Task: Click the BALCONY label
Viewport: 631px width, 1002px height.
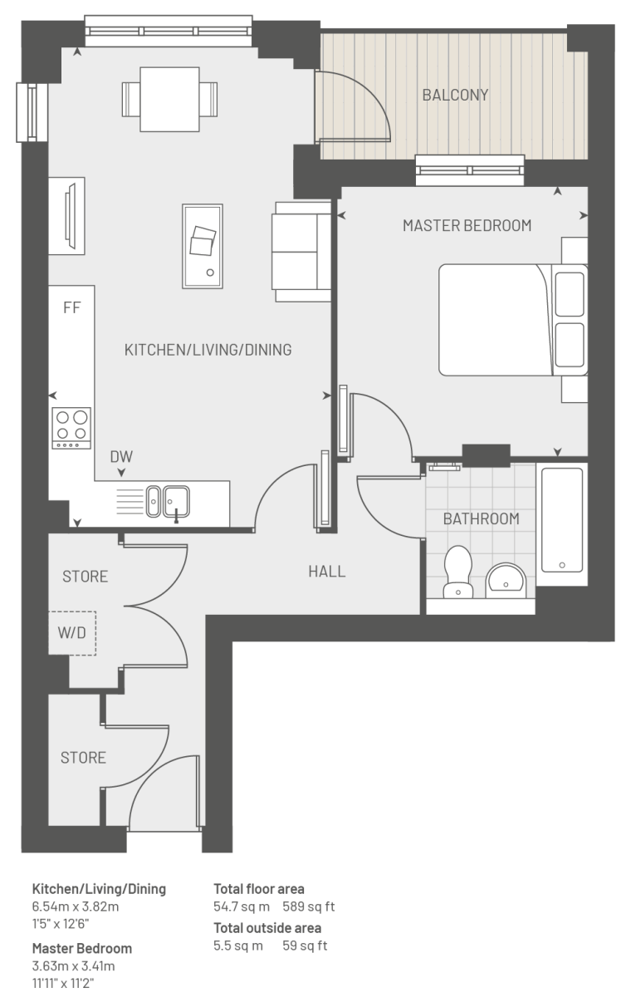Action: (455, 95)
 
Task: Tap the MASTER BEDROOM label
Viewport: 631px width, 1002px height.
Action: (467, 225)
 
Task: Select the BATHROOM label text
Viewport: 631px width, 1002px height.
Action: (482, 519)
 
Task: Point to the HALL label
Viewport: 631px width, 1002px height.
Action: (326, 572)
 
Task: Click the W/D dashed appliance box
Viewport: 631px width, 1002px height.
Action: (72, 633)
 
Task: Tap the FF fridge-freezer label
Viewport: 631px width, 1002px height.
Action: (71, 307)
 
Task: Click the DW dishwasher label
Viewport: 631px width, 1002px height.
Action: (121, 457)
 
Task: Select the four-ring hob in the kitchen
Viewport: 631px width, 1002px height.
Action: (71, 428)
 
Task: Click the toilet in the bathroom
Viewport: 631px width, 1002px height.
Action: (458, 572)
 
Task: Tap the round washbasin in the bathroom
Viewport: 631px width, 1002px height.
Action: (506, 581)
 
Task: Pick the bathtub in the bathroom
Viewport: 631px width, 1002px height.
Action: (562, 520)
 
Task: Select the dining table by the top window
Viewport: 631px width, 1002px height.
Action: (170, 100)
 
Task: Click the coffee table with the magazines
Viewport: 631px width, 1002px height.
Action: (203, 247)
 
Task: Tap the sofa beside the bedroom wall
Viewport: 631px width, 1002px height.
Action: (301, 252)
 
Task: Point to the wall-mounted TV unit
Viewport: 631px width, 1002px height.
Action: (66, 216)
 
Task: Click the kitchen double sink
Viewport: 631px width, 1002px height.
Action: (168, 502)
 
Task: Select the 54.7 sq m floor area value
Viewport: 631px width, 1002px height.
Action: (242, 906)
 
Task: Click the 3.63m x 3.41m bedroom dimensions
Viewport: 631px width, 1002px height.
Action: (73, 965)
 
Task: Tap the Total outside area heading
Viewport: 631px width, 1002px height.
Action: (267, 928)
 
